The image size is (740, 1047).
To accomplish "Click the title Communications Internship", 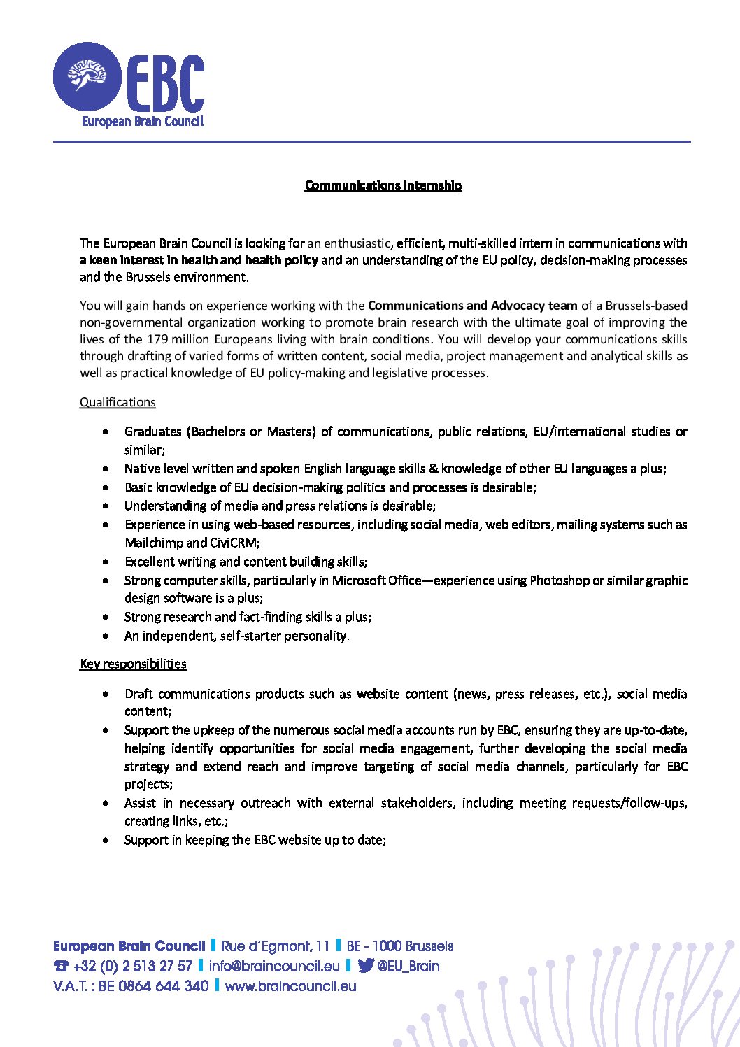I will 383,185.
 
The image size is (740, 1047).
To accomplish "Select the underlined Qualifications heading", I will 118,402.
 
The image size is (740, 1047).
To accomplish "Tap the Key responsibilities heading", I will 133,664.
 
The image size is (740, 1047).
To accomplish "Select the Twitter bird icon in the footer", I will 365,966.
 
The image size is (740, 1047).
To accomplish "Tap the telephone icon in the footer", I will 61,967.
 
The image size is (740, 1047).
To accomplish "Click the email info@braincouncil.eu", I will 274,967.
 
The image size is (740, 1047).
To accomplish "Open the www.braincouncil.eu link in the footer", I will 290,986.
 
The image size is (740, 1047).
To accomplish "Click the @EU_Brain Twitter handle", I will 408,967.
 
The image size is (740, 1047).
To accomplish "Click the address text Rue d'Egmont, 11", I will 275,946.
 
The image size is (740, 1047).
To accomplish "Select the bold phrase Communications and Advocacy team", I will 473,306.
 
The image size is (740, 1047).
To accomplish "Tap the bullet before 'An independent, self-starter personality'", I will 106,636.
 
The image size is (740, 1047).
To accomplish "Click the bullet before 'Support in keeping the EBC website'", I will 106,840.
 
